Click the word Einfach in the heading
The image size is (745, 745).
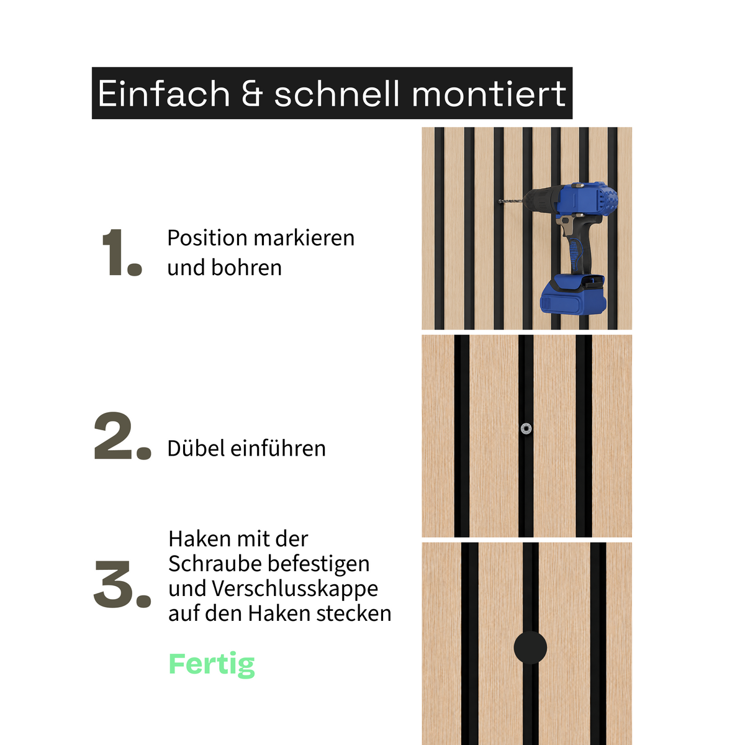164,93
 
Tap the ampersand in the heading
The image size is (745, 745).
252,94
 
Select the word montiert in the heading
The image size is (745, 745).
489,93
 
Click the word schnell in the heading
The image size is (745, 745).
336,93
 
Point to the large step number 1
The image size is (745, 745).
122,252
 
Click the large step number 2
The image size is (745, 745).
122,436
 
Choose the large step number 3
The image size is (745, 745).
122,584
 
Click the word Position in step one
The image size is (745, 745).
207,238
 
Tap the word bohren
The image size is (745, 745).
246,268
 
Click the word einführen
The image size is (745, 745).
278,448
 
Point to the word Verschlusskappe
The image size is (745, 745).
295,589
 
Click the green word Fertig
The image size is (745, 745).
212,664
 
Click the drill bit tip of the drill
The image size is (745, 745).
499,201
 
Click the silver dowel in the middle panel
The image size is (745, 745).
526,428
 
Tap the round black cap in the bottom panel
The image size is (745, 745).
530,648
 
